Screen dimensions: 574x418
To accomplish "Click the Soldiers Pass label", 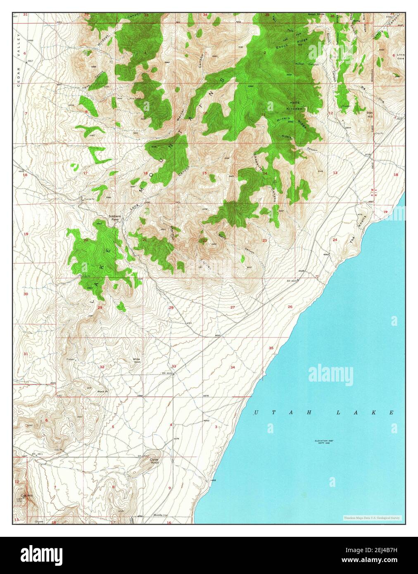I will pos(114,218).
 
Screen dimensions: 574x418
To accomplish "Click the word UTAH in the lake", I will pos(274,413).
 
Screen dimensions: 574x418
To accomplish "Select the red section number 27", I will pos(233,307).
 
